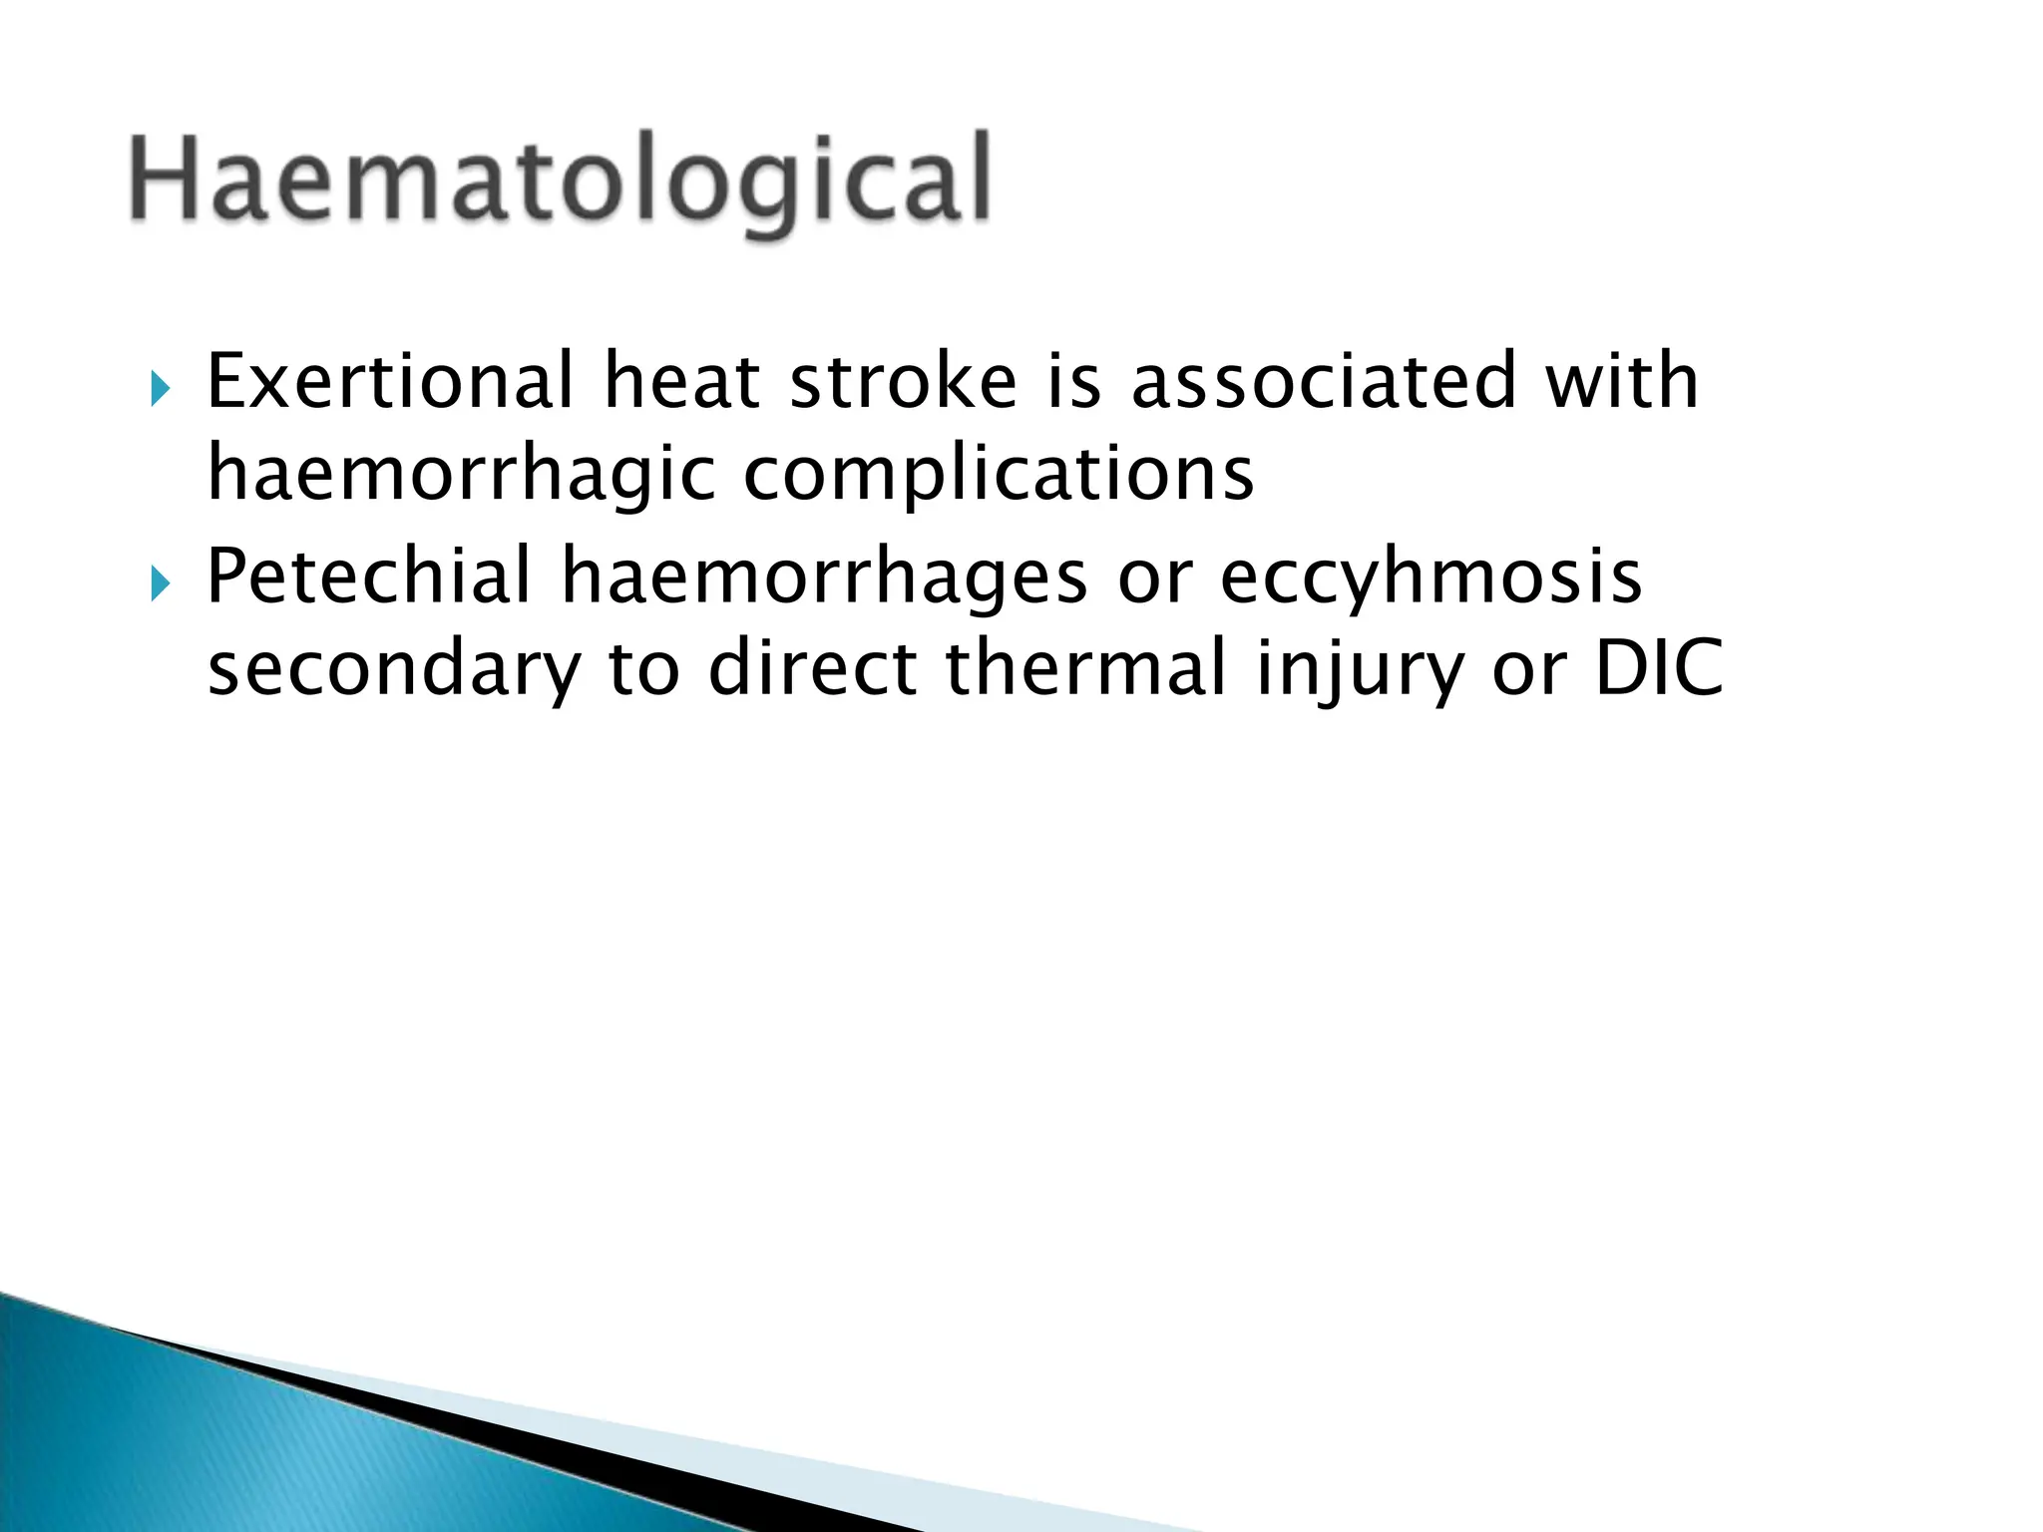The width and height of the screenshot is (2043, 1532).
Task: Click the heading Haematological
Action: point(560,180)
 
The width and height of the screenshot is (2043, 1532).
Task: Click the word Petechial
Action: point(368,576)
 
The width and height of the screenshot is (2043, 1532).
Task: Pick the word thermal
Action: point(1085,668)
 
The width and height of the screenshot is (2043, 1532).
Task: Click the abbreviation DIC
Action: point(1659,668)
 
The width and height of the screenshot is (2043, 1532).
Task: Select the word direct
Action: point(812,668)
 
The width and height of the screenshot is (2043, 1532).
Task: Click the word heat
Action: point(682,382)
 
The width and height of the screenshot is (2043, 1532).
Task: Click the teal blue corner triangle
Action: point(200,1446)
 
